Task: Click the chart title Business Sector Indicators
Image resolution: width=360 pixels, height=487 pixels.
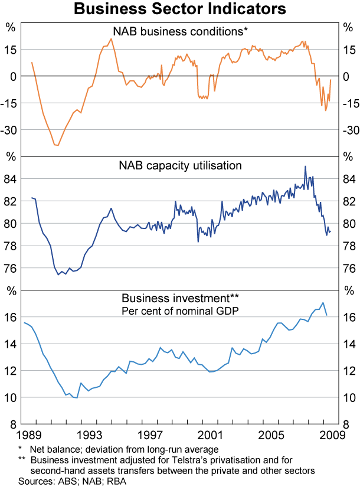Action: click(x=180, y=9)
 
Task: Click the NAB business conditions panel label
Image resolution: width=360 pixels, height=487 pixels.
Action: click(x=180, y=31)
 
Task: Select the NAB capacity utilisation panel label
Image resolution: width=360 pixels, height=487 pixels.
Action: click(x=180, y=166)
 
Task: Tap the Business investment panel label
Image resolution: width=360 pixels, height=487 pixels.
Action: click(x=180, y=298)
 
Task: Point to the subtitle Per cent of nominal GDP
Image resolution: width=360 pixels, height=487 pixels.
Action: click(x=180, y=310)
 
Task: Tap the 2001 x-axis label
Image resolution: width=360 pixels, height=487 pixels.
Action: click(x=211, y=436)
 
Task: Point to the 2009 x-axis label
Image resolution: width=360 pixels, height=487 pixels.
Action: click(x=330, y=436)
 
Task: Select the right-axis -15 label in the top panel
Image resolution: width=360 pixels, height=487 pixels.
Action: click(x=348, y=103)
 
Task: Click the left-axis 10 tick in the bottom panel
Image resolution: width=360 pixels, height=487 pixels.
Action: click(x=11, y=397)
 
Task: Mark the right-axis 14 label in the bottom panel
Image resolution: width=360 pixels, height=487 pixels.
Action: click(x=349, y=344)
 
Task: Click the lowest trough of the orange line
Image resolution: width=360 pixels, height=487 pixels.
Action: click(x=57, y=145)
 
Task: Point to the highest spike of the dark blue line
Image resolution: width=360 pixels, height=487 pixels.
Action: click(x=305, y=166)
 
